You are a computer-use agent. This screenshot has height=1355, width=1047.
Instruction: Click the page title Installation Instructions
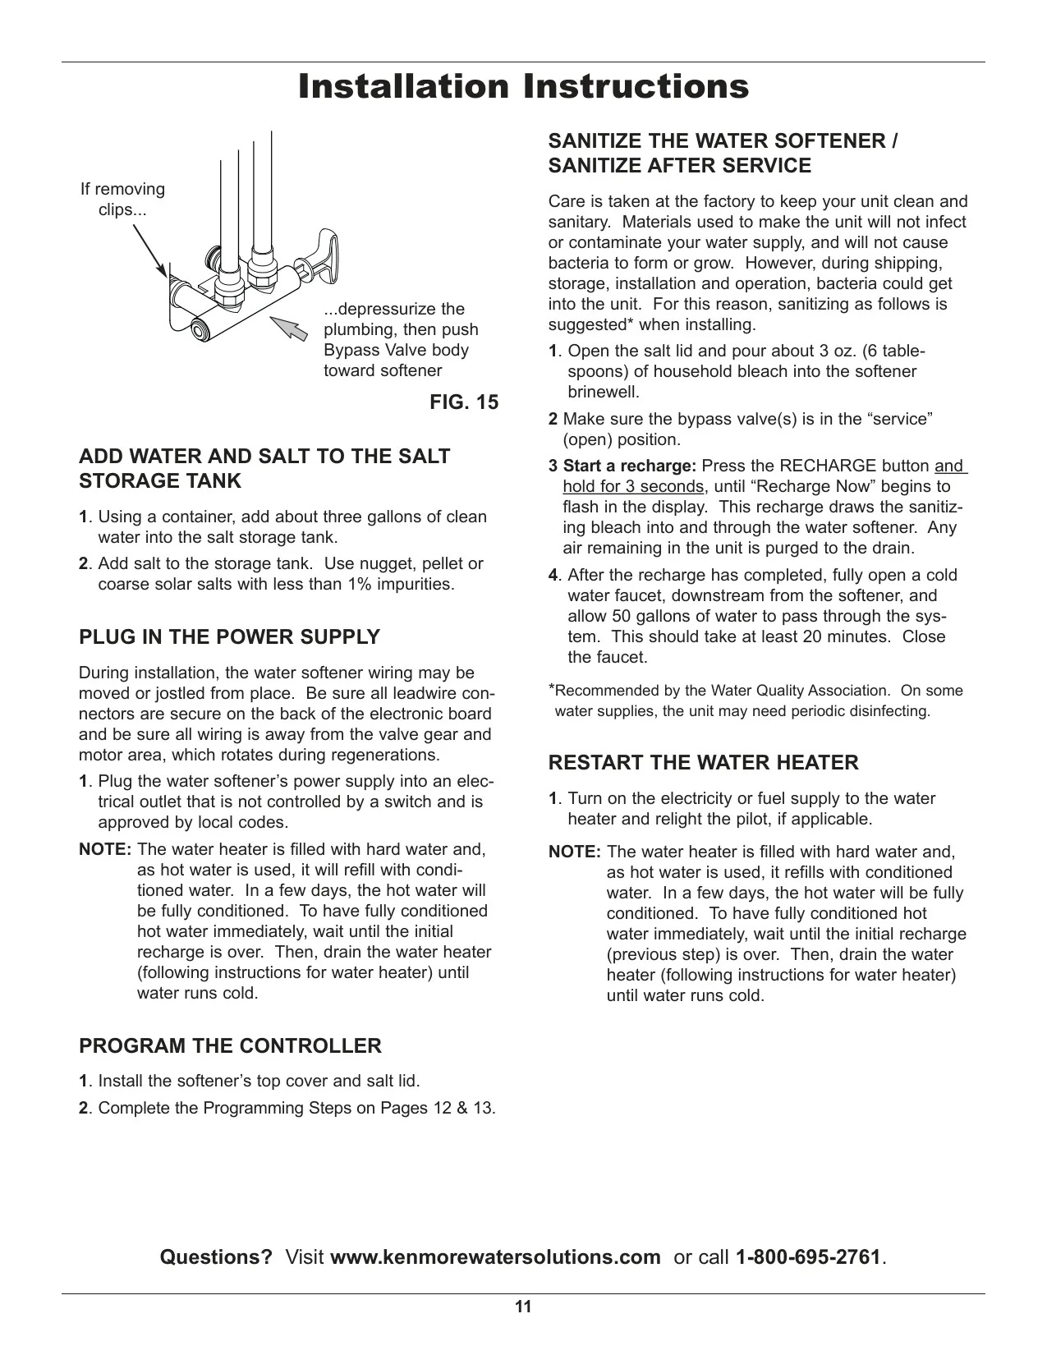click(523, 86)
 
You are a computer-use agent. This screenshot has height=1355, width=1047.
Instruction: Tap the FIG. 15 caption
click(464, 402)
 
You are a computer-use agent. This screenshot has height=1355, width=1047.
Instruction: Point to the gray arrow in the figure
click(289, 328)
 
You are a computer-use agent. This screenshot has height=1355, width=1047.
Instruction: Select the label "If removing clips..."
click(122, 199)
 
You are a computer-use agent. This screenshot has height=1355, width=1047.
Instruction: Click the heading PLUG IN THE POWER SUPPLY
click(229, 636)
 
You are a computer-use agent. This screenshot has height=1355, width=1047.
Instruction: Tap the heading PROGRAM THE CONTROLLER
click(230, 1045)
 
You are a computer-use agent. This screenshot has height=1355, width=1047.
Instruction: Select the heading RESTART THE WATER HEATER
click(704, 762)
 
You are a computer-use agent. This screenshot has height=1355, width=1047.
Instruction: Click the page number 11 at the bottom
click(523, 1307)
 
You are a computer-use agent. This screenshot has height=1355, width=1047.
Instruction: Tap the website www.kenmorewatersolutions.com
click(495, 1257)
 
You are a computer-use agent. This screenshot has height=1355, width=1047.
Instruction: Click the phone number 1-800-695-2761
click(808, 1257)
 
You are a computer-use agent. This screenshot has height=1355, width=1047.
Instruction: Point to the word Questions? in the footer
click(217, 1257)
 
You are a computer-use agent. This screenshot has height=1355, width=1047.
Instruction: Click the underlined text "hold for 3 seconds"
click(633, 486)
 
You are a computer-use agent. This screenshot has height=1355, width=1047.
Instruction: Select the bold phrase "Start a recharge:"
click(630, 466)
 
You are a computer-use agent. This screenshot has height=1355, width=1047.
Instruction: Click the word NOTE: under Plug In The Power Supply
click(105, 849)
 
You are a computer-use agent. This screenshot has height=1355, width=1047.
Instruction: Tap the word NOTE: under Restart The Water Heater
click(574, 852)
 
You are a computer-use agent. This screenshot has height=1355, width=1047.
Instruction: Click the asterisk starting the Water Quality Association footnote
click(551, 688)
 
